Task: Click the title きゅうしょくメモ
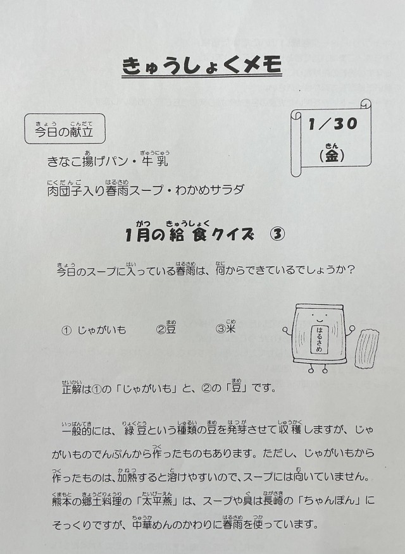(x=202, y=66)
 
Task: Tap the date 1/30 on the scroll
(x=333, y=124)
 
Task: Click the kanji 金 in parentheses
(x=332, y=156)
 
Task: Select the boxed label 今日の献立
(x=65, y=128)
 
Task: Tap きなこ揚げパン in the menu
(x=87, y=161)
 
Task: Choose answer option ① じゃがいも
(x=94, y=330)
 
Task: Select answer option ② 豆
(x=166, y=329)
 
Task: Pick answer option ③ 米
(x=226, y=329)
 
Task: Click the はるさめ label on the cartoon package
(x=320, y=339)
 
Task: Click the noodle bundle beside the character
(x=368, y=350)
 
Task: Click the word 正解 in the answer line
(x=72, y=390)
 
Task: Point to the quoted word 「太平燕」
(x=159, y=501)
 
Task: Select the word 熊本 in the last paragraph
(x=62, y=502)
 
